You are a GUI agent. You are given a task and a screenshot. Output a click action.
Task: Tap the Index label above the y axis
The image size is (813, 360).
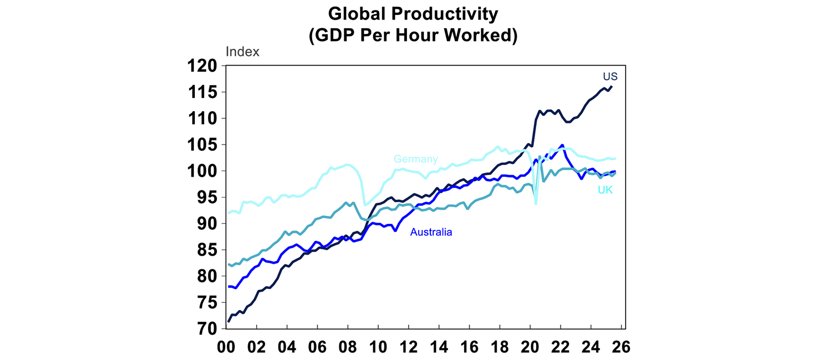242,52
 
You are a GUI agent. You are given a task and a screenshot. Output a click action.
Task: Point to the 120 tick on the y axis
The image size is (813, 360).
203,66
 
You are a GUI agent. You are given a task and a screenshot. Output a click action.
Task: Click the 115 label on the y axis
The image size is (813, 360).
203,92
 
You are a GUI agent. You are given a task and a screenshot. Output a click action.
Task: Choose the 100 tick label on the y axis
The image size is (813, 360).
203,171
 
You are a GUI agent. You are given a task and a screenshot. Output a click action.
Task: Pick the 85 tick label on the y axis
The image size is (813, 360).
207,250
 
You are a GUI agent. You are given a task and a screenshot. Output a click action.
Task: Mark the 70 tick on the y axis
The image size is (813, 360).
207,329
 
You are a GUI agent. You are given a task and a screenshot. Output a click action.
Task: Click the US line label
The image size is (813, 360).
610,77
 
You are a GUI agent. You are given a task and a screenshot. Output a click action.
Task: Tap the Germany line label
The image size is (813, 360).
415,159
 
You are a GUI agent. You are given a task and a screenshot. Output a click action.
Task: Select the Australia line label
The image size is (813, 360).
431,232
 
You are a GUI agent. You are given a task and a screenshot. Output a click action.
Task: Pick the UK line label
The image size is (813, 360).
605,190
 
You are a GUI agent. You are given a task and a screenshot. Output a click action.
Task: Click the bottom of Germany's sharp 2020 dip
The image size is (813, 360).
536,204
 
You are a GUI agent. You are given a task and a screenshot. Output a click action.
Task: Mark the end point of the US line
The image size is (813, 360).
612,86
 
